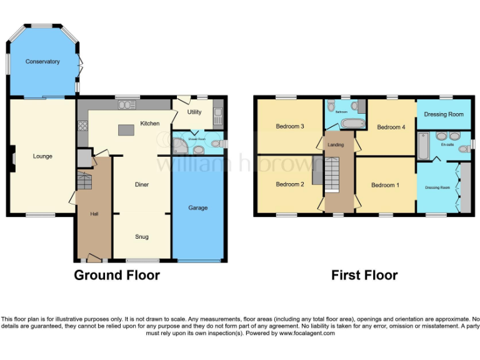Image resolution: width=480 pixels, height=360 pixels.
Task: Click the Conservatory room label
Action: (42, 61)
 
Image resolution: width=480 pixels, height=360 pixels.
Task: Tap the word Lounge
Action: (42, 156)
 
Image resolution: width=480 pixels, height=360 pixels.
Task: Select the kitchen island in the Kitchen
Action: (126, 130)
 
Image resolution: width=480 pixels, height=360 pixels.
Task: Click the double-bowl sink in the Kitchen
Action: (129, 105)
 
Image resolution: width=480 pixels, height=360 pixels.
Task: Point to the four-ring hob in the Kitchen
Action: (82, 126)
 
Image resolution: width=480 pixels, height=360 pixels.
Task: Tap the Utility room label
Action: (194, 112)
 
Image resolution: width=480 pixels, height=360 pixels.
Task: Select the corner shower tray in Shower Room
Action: (180, 146)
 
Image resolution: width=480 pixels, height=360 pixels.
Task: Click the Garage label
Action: (198, 207)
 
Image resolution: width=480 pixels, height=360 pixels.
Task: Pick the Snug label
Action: (142, 237)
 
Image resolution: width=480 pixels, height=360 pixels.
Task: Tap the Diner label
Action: (142, 184)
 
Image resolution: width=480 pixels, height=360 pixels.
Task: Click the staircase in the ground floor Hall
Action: (84, 181)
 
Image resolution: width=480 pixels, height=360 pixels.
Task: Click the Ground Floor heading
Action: (117, 275)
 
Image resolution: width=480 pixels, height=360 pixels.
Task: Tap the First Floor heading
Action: (364, 275)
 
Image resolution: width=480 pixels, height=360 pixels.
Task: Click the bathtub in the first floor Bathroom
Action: (342, 122)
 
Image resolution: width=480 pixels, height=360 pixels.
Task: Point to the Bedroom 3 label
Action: (289, 126)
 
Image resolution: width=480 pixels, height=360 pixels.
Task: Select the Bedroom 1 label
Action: (385, 185)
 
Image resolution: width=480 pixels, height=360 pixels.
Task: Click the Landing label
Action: (336, 145)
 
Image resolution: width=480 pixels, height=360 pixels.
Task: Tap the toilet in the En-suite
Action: (464, 149)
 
